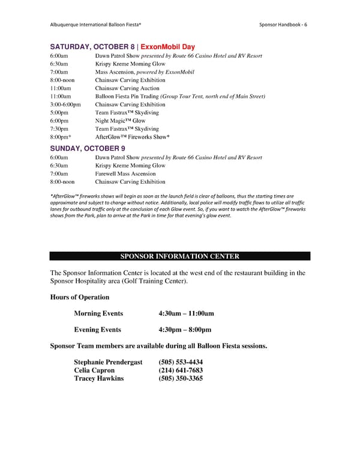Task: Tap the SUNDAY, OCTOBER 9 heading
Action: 87,148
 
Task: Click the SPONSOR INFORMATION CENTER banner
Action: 180,256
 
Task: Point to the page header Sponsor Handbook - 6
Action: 287,24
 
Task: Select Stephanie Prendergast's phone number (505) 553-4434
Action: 181,362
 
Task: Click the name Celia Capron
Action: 94,371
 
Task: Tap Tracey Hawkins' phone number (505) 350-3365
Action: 181,379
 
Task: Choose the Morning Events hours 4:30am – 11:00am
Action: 186,313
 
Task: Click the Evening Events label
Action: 97,330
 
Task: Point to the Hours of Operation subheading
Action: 79,297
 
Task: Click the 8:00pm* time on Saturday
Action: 61,138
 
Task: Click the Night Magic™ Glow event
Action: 120,121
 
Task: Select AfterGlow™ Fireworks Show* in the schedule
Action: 136,138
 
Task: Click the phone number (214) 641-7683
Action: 181,371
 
